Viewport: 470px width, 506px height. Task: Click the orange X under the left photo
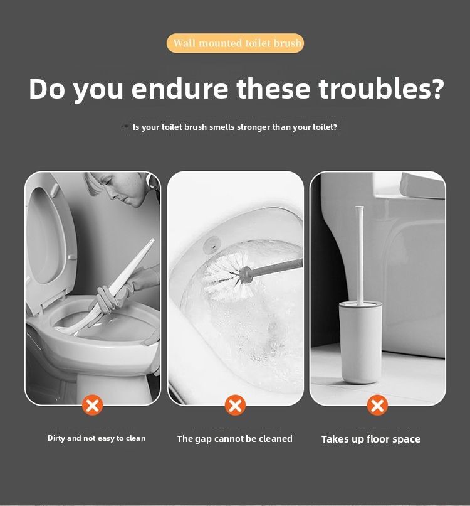pyautogui.click(x=92, y=405)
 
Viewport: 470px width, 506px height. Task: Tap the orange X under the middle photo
pyautogui.click(x=235, y=405)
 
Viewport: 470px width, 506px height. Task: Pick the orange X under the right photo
pyautogui.click(x=377, y=405)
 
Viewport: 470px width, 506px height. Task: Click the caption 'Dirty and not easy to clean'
pyautogui.click(x=97, y=438)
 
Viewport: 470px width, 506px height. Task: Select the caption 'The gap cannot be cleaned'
pyautogui.click(x=235, y=439)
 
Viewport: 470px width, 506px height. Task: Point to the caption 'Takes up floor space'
pyautogui.click(x=371, y=439)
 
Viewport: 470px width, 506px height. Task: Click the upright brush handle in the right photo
pyautogui.click(x=360, y=251)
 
